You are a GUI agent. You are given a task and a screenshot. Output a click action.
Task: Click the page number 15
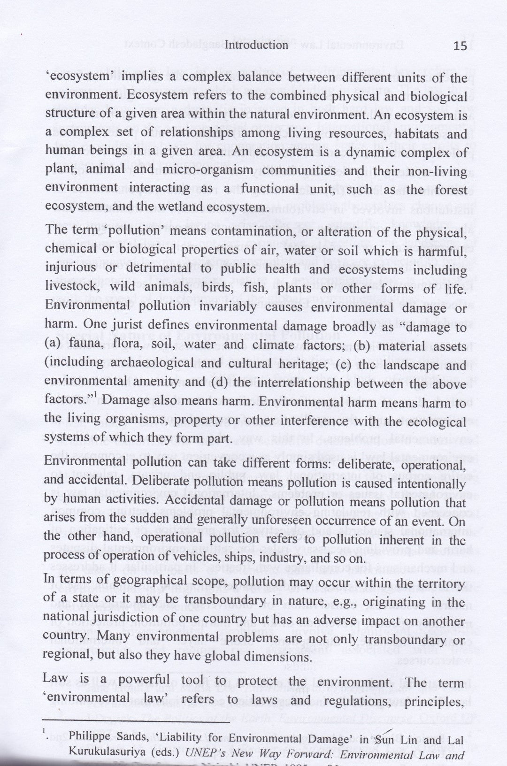pos(461,46)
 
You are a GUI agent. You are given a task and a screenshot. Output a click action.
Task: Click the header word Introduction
pos(256,45)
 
